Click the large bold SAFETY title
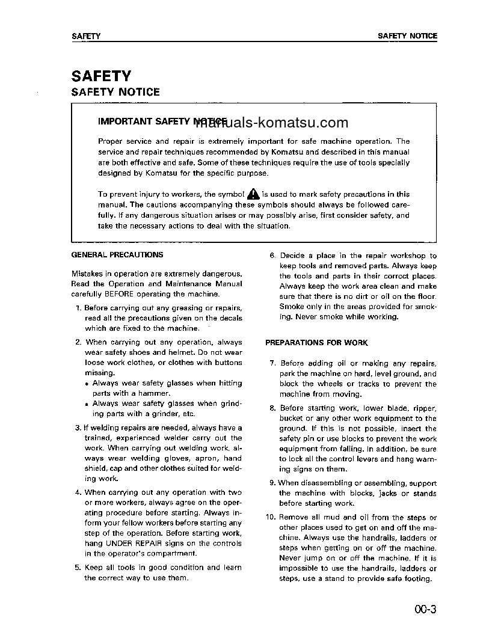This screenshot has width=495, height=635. (101, 76)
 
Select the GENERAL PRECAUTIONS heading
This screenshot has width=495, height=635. (117, 255)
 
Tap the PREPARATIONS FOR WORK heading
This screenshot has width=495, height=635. (316, 343)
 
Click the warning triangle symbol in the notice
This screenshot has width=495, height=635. (253, 194)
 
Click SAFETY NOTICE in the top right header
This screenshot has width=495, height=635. (407, 36)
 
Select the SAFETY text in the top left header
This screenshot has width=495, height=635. (86, 36)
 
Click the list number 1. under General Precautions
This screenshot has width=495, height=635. (79, 308)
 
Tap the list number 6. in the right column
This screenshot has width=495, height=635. (272, 256)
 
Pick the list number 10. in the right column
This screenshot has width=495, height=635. (271, 518)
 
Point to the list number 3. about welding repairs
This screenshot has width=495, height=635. (78, 428)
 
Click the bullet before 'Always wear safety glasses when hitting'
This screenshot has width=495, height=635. (87, 384)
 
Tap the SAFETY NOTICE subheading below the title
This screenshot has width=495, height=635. (115, 92)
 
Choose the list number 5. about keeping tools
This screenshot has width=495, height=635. (78, 568)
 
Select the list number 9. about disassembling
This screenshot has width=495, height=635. (272, 483)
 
